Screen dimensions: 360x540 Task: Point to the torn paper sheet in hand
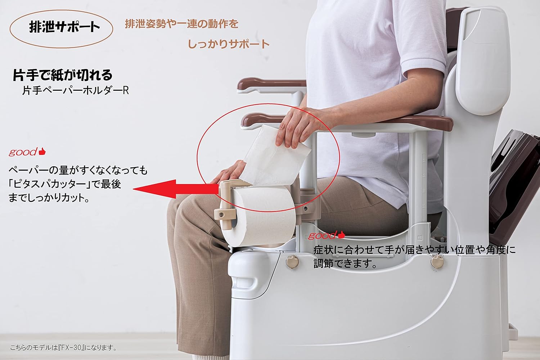[274, 155]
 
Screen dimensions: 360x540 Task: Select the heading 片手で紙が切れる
[63, 75]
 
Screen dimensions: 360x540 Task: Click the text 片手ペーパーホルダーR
[75, 90]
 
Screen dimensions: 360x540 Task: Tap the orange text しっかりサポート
[229, 44]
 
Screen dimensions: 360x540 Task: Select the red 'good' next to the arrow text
[23, 152]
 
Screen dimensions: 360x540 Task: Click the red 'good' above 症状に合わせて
[322, 236]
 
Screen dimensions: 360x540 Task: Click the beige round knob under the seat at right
[437, 261]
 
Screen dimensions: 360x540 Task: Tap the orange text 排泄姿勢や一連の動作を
[181, 24]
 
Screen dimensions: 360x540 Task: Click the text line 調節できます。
[346, 264]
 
